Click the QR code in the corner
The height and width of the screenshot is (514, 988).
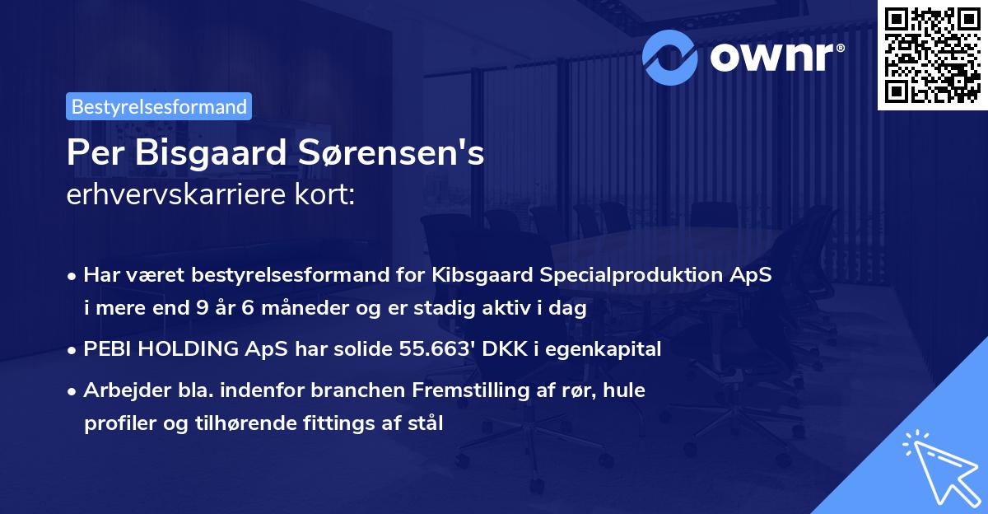[x=932, y=55]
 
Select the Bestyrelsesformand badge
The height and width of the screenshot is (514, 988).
[x=159, y=106]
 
